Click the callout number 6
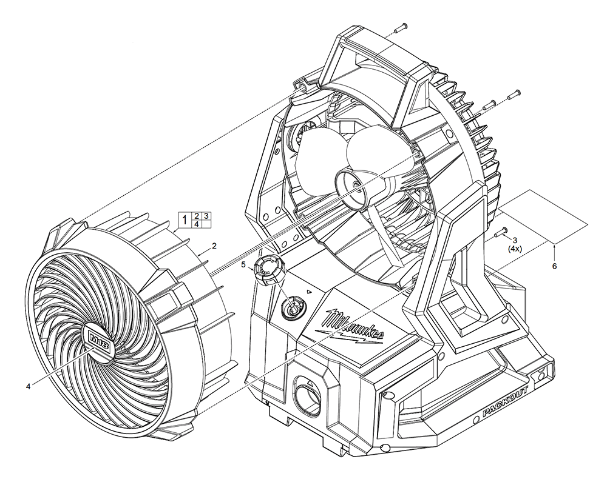(x=554, y=266)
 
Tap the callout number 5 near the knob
(x=243, y=265)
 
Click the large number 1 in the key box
(x=184, y=219)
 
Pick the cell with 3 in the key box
(x=206, y=216)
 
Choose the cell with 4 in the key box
(x=196, y=224)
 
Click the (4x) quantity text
(x=515, y=249)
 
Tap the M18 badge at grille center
(x=98, y=341)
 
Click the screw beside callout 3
(x=501, y=232)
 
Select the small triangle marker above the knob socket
(x=309, y=292)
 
